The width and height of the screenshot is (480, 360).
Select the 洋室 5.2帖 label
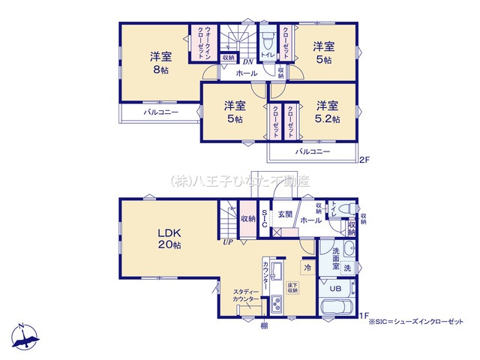coord(328,112)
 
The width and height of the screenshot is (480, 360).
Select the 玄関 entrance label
coord(286,214)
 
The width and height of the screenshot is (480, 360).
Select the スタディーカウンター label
coord(246,295)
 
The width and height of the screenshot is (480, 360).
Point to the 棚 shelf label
coord(264,325)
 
